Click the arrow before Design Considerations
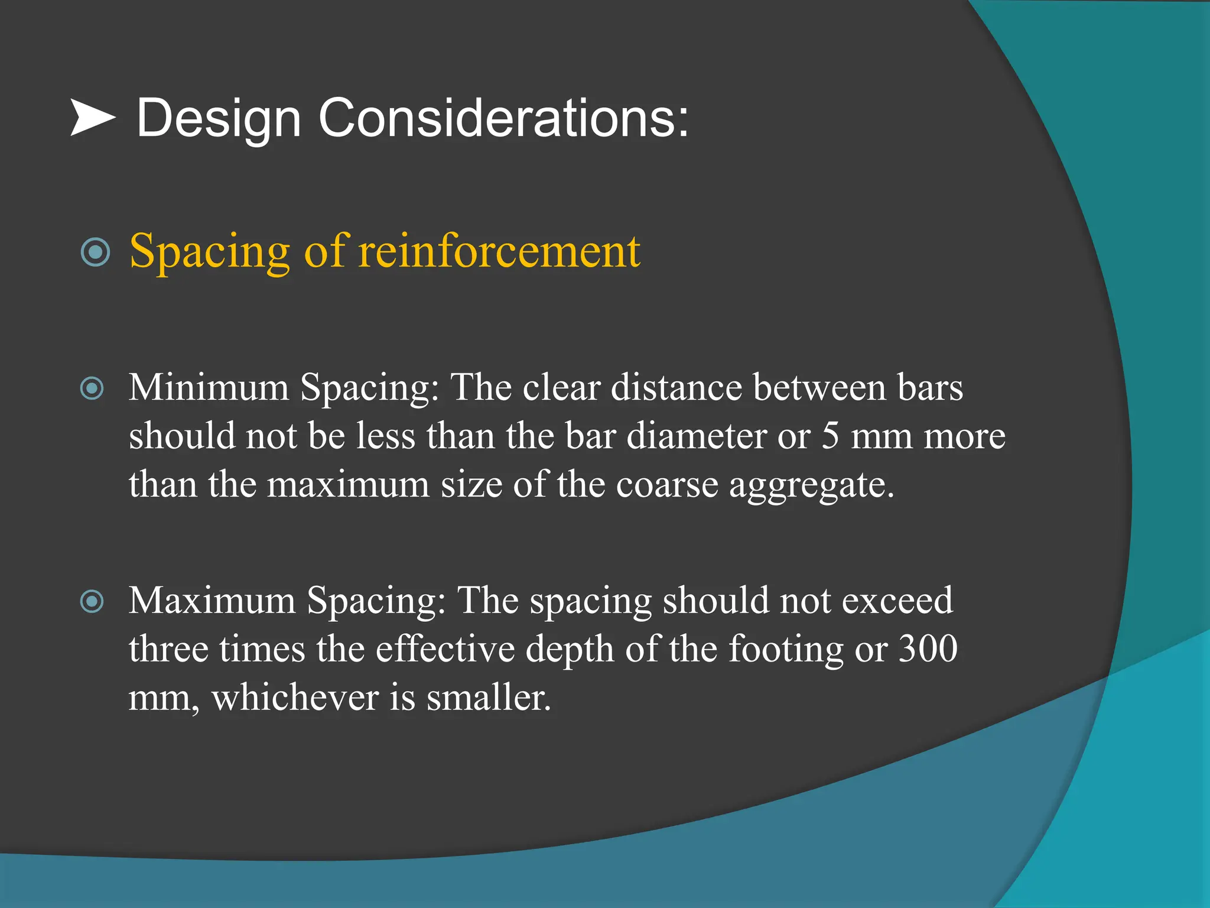93,118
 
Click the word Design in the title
219,119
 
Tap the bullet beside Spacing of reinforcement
95,252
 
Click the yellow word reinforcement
499,251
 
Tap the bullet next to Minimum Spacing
92,388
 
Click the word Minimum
209,388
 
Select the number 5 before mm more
830,436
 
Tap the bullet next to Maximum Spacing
92,602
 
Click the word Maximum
212,601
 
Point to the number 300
928,648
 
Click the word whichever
295,698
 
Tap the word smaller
489,698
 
